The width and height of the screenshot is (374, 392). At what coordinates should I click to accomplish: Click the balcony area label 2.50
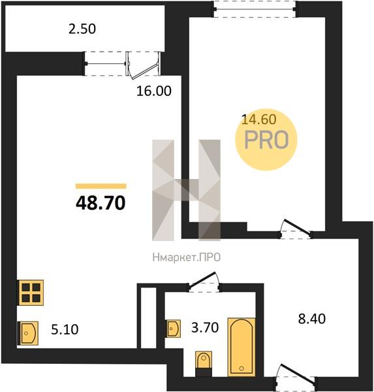(82, 29)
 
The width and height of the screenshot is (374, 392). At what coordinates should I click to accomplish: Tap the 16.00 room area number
(154, 91)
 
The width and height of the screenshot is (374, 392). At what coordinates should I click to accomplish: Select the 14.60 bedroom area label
(259, 120)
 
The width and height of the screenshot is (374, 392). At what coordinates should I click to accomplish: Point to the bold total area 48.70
(101, 203)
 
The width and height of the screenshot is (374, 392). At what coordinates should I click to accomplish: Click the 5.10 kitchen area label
(65, 329)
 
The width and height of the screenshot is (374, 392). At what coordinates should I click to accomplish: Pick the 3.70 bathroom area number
(205, 327)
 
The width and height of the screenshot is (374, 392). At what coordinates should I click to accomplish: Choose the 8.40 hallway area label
(312, 319)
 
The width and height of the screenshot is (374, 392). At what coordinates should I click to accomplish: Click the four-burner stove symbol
(31, 293)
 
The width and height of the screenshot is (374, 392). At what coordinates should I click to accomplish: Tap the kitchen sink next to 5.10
(28, 333)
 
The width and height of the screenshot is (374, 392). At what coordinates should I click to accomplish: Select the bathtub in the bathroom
(242, 347)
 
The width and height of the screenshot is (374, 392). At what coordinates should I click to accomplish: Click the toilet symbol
(204, 363)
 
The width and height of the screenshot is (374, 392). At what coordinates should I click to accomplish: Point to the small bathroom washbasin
(173, 329)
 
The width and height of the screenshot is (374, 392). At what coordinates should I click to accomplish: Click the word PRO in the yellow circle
(266, 140)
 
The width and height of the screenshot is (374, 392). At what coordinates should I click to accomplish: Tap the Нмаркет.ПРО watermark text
(187, 257)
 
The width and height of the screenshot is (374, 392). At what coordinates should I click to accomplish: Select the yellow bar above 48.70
(101, 186)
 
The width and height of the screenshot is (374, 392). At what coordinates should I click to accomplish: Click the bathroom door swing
(204, 280)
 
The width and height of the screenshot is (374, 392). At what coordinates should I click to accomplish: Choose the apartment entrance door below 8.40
(296, 374)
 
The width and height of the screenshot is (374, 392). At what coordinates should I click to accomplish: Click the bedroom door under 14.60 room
(296, 228)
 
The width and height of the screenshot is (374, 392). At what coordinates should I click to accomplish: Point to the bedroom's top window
(255, 9)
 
